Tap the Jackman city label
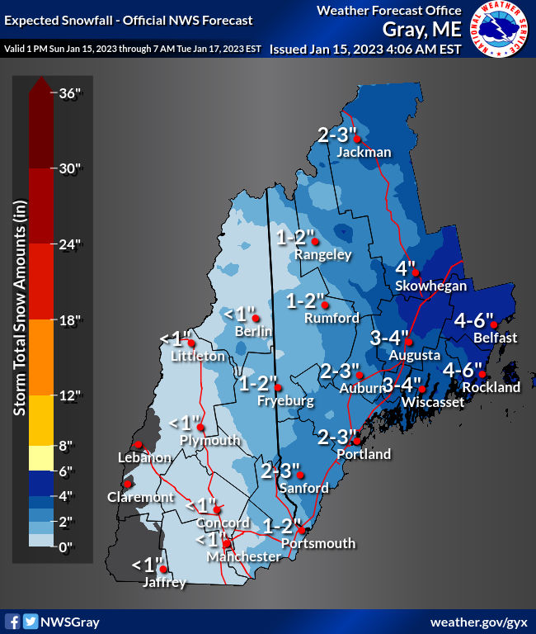click(x=364, y=152)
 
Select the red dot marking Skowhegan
click(x=416, y=272)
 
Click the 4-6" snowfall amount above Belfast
click(x=473, y=320)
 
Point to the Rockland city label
click(x=491, y=387)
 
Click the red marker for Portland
click(x=357, y=441)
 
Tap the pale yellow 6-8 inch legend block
click(x=41, y=457)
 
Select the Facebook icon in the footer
click(x=13, y=622)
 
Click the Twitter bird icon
click(x=31, y=622)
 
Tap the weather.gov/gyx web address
click(x=479, y=621)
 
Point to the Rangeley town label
click(x=323, y=255)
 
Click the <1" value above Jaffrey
click(x=148, y=565)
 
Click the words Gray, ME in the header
click(x=421, y=30)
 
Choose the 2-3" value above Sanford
click(x=281, y=471)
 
